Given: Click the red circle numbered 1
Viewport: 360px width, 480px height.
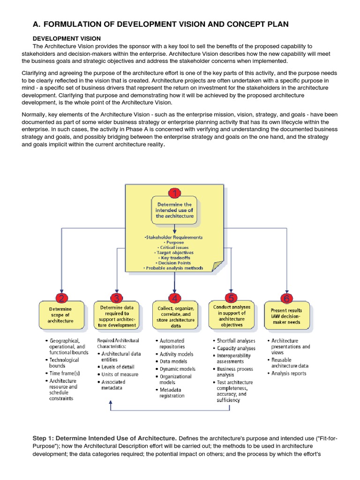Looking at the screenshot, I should (x=174, y=194).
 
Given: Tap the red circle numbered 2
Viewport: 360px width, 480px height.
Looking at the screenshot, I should (x=61, y=298).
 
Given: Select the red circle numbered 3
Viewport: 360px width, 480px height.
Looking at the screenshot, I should (x=117, y=298).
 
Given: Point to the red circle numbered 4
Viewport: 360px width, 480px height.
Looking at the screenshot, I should (x=174, y=298).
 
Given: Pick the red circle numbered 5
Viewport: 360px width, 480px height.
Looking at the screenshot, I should (x=231, y=298).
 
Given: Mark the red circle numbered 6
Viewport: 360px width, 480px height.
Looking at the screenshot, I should (x=286, y=298).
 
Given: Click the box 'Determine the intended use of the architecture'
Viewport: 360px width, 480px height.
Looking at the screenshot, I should (x=174, y=210).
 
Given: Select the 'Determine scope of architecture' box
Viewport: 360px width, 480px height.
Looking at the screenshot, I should (x=61, y=315).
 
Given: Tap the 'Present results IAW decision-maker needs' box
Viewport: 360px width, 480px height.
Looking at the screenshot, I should (x=286, y=316).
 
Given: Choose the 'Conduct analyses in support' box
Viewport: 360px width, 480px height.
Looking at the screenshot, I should (x=231, y=315).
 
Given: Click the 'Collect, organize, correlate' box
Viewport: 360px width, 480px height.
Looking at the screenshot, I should (x=174, y=316).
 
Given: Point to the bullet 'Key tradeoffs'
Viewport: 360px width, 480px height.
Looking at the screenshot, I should (x=174, y=257).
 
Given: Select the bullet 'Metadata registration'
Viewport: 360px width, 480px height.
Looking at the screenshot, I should (x=172, y=392).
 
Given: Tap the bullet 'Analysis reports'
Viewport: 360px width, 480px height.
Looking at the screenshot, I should (x=289, y=373).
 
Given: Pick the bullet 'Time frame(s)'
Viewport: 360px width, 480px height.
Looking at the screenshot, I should (x=65, y=373).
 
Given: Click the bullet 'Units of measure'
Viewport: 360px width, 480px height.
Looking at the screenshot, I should (x=120, y=374).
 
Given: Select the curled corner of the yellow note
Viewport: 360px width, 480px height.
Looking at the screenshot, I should (x=216, y=266).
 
